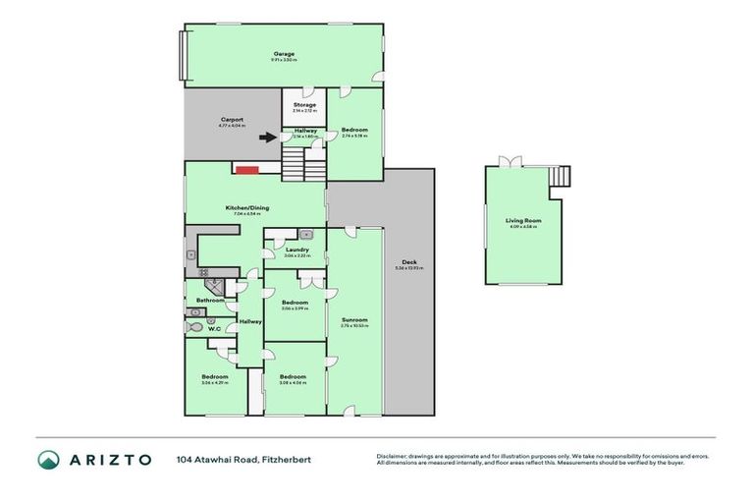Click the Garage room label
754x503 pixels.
283,53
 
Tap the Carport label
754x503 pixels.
232,120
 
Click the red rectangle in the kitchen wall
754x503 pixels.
246,170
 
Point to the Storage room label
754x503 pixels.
304,104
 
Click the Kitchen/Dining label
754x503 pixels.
247,208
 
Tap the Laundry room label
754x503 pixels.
297,250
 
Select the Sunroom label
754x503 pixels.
354,319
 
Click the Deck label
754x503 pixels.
407,262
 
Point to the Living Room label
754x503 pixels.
523,221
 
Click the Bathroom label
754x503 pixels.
211,300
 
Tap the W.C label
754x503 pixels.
211,329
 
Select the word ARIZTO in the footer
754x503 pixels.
109,459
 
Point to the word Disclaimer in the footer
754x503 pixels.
392,456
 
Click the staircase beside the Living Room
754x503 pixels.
561,176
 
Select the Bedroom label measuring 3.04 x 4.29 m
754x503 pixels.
215,376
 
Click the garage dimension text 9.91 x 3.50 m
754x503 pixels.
283,60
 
